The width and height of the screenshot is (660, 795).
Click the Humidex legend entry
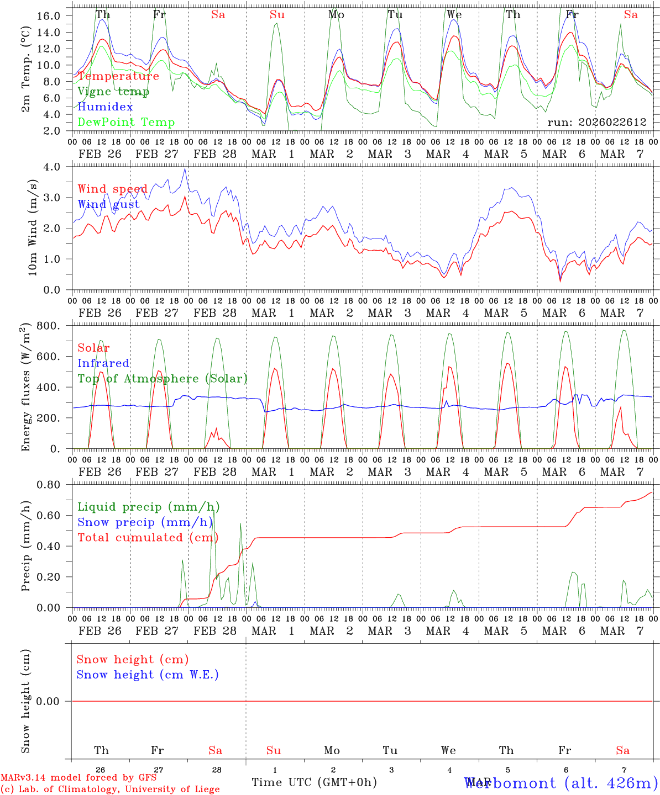tap(105, 107)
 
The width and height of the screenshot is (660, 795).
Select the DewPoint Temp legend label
tap(126, 123)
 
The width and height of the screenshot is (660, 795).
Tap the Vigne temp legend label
tap(113, 92)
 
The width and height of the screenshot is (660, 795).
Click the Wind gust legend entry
tap(108, 204)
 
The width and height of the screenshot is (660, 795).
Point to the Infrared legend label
tap(103, 363)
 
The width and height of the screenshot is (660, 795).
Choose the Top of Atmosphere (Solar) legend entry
tap(162, 379)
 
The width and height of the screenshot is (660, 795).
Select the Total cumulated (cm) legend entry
tap(148, 538)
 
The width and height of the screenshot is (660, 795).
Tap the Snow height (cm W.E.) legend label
tap(148, 675)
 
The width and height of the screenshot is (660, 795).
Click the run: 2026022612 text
tap(596, 123)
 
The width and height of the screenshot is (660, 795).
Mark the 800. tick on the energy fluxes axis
tap(51, 326)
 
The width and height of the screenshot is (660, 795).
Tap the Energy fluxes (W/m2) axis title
tap(26, 389)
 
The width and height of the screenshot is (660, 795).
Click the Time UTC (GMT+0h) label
tap(314, 782)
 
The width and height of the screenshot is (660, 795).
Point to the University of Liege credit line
tap(110, 789)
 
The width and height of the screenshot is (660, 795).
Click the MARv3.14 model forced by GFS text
tap(78, 778)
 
